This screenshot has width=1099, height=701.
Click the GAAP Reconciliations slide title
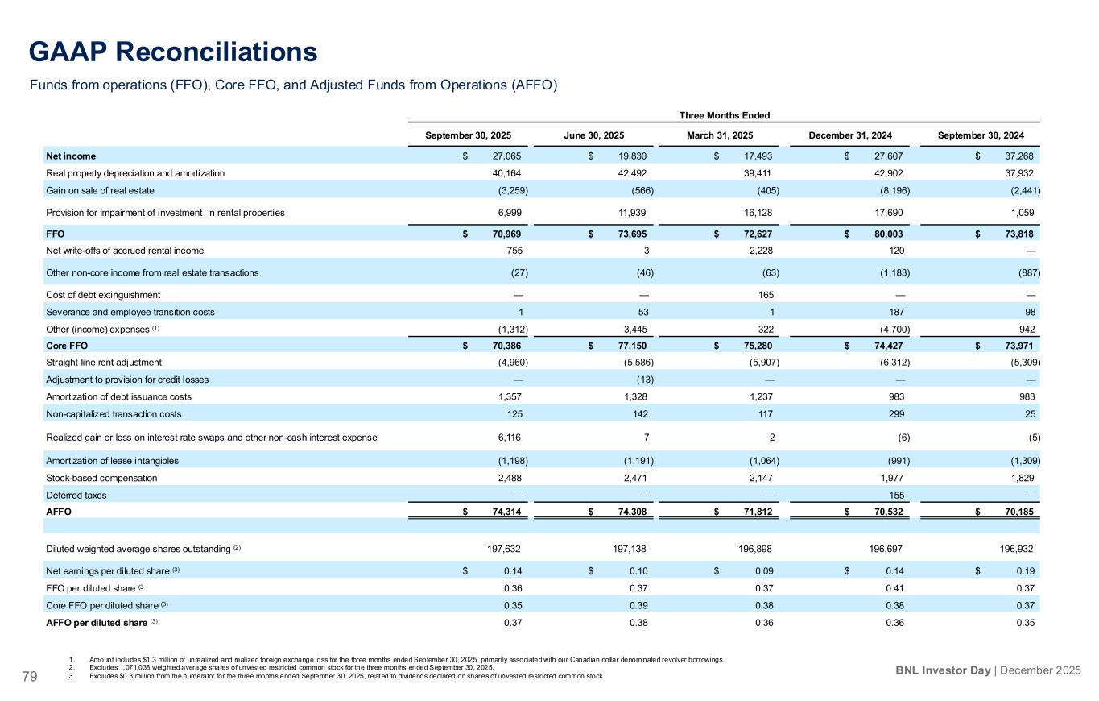[x=173, y=52]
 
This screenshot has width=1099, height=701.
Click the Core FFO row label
[x=65, y=346]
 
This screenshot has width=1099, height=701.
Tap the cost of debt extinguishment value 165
[x=766, y=295]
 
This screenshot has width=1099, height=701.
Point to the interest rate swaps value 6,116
[x=513, y=438]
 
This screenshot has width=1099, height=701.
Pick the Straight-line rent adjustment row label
[x=103, y=363]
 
